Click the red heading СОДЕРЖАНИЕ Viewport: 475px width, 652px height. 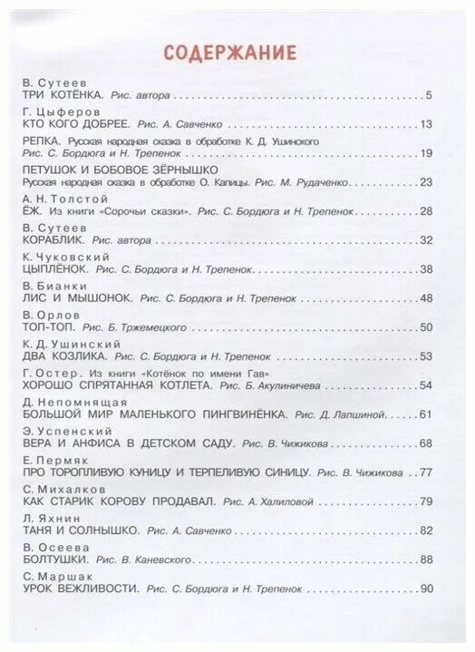tap(229, 53)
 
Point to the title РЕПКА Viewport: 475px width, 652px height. tap(41, 142)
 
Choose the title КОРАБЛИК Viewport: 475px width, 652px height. tap(53, 240)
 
